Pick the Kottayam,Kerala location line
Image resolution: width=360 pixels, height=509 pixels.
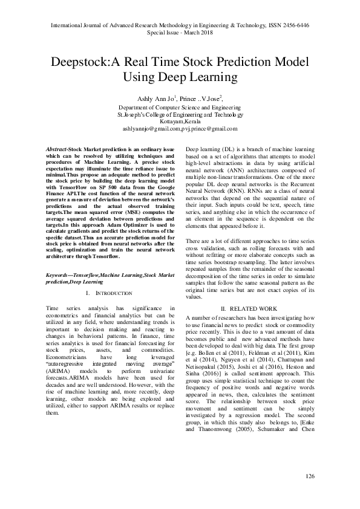coord(180,122)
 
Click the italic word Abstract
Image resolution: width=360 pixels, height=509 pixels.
coord(56,149)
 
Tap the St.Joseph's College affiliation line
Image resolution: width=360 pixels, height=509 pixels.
coord(180,114)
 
